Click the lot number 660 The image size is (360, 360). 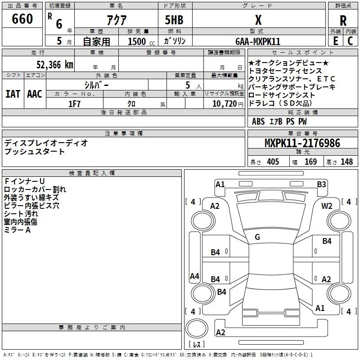click(x=22, y=18)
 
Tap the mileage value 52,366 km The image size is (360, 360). click(x=55, y=65)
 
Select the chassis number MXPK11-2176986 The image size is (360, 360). click(x=302, y=143)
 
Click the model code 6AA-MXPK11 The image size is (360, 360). click(x=258, y=41)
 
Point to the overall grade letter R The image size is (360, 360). click(x=343, y=21)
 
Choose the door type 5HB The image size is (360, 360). click(x=174, y=20)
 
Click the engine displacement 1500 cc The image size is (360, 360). click(x=141, y=41)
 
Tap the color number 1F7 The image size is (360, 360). click(x=74, y=104)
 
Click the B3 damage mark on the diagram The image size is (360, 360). click(x=321, y=184)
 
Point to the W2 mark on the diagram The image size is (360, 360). click(x=327, y=206)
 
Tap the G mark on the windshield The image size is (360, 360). click(x=257, y=237)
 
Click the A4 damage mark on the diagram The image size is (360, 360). click(x=194, y=276)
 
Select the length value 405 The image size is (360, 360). click(x=273, y=162)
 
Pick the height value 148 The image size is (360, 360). click(x=346, y=162)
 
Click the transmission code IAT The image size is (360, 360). click(x=13, y=94)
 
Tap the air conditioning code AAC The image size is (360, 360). click(x=35, y=94)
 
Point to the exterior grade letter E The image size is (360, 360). click(x=336, y=41)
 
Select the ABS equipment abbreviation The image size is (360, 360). click(x=258, y=121)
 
